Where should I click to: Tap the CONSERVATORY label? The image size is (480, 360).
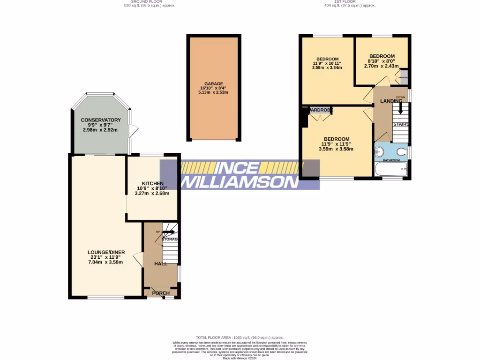tap(101, 120)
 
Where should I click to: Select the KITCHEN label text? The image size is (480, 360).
tap(153, 183)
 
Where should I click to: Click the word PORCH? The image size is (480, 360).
tap(160, 293)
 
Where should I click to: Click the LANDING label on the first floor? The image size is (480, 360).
tap(391, 101)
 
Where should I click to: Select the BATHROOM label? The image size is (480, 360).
tap(391, 160)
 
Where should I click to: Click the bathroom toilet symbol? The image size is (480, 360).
tap(401, 152)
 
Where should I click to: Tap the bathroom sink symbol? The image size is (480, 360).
tap(379, 151)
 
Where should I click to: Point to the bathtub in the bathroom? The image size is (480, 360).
tap(391, 170)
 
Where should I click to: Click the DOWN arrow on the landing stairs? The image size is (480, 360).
tap(400, 107)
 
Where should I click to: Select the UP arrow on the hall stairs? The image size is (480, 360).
tap(168, 232)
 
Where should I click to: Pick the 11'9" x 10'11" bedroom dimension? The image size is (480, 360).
tap(327, 63)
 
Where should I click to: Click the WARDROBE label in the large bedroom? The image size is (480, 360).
tap(321, 110)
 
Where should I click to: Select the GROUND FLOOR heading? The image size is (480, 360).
tap(146, 2)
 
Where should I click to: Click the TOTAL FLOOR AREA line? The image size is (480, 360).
tap(240, 337)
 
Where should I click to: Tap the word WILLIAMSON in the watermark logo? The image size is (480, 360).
tap(239, 182)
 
